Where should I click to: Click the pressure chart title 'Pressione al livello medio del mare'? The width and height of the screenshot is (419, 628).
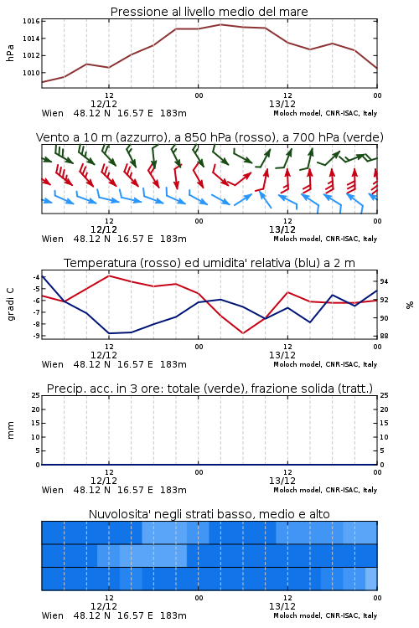209,12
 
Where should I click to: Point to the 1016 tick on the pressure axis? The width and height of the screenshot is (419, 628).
31,21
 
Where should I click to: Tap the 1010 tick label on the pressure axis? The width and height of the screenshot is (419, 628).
31,73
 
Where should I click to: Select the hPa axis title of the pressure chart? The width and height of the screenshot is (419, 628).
10,53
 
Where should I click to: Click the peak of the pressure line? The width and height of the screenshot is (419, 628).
220,24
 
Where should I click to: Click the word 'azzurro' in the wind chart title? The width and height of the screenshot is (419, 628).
140,137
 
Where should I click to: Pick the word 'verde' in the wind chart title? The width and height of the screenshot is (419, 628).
363,137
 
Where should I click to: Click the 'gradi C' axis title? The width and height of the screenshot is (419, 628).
10,305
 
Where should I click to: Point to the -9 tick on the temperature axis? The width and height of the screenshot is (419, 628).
36,336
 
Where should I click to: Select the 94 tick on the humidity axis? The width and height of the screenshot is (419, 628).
384,281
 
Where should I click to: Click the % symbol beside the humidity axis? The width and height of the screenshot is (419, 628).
410,305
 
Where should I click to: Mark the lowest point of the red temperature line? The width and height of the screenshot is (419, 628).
243,333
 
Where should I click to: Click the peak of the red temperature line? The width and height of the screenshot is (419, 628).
109,275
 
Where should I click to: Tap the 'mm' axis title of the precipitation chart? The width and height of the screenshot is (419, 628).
10,430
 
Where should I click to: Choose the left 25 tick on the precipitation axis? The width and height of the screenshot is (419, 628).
36,395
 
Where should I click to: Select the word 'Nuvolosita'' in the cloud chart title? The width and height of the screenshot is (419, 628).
115,514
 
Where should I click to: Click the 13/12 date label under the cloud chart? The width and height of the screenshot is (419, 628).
282,606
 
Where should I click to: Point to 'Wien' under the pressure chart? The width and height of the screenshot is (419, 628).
53,113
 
